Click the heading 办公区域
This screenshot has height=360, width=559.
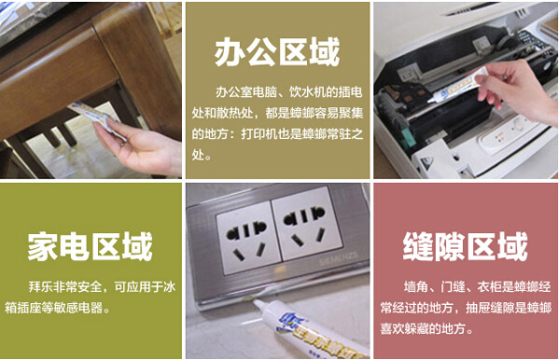(x=277, y=53)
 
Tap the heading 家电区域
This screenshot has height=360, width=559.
(x=91, y=246)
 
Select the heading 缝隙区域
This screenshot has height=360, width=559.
(x=466, y=246)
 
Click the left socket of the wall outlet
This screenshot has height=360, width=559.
(x=247, y=236)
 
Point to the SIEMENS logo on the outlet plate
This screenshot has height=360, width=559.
(x=339, y=260)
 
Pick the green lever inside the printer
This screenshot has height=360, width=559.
(x=409, y=137)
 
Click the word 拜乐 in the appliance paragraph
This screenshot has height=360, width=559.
(x=41, y=286)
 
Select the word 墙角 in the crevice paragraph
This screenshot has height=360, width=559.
(x=416, y=286)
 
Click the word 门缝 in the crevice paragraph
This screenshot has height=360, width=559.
(x=453, y=286)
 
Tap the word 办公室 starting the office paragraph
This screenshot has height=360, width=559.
(x=234, y=92)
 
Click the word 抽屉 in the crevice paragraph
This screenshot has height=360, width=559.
(x=478, y=308)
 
